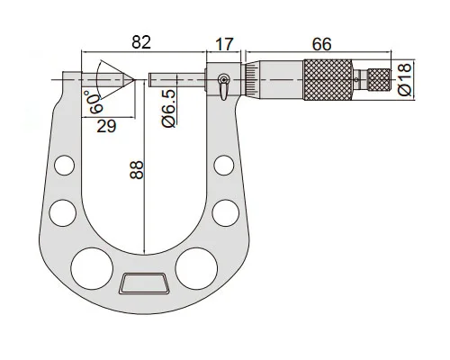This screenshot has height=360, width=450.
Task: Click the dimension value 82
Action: (x=141, y=42)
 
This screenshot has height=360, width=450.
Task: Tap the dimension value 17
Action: (x=224, y=44)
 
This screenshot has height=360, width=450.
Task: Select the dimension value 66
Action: (x=321, y=44)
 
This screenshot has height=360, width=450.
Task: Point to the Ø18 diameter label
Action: (x=405, y=79)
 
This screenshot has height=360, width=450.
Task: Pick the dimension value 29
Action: (x=106, y=126)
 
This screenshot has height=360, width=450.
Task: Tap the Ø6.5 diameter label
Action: (x=168, y=108)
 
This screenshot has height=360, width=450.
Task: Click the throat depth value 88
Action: (x=137, y=170)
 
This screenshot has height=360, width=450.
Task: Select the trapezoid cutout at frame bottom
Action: (x=144, y=283)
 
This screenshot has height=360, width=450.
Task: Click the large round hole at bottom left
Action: (x=92, y=269)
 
